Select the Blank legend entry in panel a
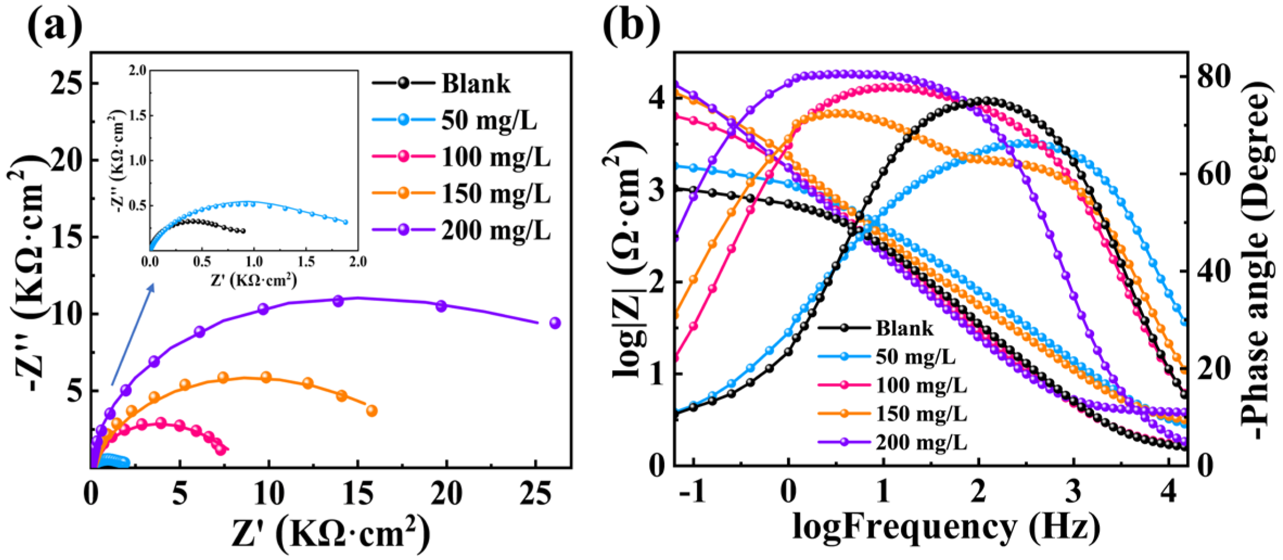click(x=475, y=84)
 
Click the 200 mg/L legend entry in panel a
click(x=495, y=231)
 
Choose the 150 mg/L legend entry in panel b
click(x=921, y=414)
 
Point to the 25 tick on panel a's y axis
click(x=69, y=84)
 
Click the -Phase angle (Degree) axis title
click(x=1256, y=260)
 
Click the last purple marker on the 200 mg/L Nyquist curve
click(x=555, y=323)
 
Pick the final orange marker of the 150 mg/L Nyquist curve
click(x=372, y=411)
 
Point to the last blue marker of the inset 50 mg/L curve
click(x=345, y=222)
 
